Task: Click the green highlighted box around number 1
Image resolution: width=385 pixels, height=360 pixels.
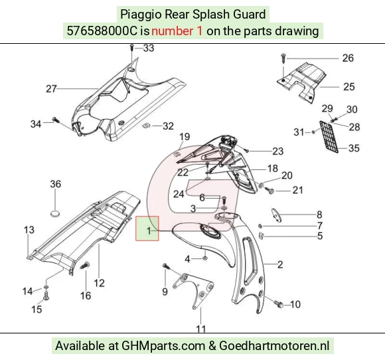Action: pos(147,228)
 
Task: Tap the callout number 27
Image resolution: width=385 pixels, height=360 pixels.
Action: pos(51,89)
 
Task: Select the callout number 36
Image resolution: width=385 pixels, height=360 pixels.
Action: pos(56,184)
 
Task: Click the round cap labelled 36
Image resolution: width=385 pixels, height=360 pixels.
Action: pos(55,214)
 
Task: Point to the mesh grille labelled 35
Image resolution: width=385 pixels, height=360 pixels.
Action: pos(329,137)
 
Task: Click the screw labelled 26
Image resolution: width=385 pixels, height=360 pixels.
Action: pos(283,58)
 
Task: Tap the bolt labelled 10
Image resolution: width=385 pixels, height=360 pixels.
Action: pos(279,304)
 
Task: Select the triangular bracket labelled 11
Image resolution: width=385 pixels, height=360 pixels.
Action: pos(194,291)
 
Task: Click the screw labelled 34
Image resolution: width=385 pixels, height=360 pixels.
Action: pos(56,120)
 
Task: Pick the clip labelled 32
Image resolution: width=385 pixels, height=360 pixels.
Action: pos(146,126)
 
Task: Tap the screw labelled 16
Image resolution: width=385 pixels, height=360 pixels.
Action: pos(85,266)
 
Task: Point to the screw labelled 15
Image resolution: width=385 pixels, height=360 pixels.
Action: pos(46,296)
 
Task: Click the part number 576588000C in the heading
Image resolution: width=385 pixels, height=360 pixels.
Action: pos(102,31)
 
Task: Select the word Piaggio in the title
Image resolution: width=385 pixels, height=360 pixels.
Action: pos(141,15)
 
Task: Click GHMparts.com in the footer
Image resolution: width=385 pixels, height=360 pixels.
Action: pos(163,346)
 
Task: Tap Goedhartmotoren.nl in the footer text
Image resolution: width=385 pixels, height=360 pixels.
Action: pos(274,346)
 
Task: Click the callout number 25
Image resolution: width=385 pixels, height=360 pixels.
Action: pos(349,87)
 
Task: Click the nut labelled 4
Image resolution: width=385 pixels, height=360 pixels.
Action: pos(205,258)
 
